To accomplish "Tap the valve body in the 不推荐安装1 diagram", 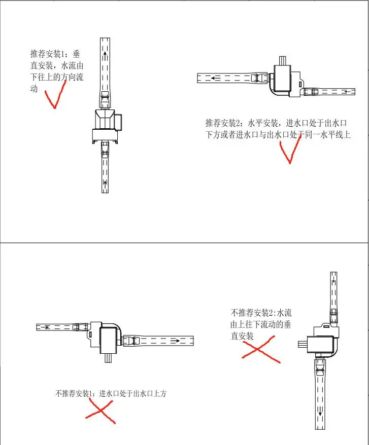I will click(x=107, y=339).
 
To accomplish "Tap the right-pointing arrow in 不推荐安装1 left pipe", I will click(x=47, y=327).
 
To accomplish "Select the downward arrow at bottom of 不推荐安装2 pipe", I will click(x=320, y=413).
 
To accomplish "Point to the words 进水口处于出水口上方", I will click(x=132, y=394).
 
